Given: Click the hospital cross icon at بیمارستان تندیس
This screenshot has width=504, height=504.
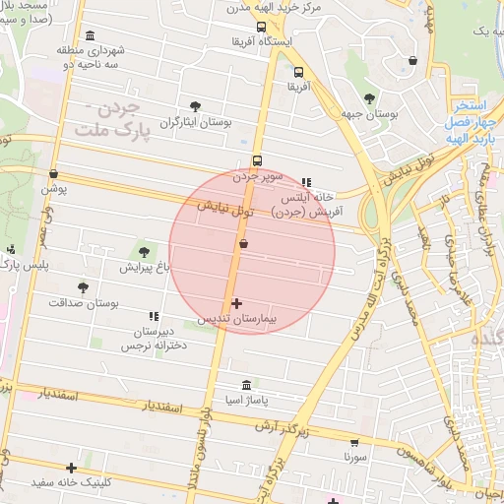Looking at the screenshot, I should [236, 303].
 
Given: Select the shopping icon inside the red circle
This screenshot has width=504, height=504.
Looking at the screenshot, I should [243, 243].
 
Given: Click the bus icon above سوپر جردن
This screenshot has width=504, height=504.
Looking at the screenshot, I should [258, 161].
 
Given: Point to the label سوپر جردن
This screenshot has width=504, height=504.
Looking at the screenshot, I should [258, 177].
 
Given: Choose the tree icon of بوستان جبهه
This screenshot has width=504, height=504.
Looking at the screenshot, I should [369, 98].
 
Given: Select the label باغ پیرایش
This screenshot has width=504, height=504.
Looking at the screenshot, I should [146, 267].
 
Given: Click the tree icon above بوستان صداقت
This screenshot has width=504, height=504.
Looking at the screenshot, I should [83, 287].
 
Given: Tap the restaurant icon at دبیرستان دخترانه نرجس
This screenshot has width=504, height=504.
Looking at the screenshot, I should [153, 316].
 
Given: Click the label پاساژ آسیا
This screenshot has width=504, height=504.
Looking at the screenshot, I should [246, 402].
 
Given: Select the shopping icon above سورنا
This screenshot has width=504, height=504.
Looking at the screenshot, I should [354, 443].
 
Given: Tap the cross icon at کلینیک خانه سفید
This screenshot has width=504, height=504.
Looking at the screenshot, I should [71, 468].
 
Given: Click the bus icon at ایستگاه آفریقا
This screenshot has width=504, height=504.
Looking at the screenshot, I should [261, 28].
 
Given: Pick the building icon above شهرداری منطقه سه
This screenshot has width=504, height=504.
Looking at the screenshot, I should [92, 35].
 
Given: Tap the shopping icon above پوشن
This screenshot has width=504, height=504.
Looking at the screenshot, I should [53, 174].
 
